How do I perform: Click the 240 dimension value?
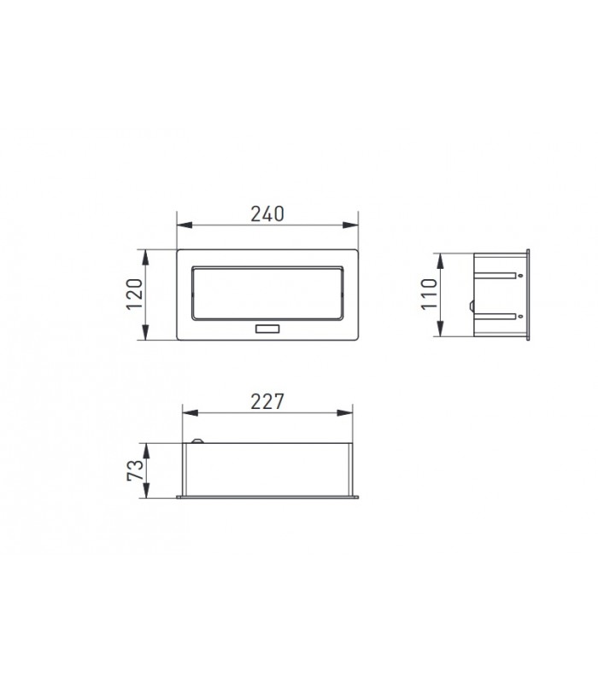(x=267, y=214)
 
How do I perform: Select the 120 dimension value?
(x=134, y=295)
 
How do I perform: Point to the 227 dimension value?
(x=267, y=402)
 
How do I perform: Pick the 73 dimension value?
(x=134, y=470)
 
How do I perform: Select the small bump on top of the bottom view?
(x=199, y=441)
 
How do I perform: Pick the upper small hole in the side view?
(x=517, y=276)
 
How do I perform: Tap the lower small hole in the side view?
(x=517, y=316)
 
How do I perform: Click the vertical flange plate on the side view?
(x=528, y=295)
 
